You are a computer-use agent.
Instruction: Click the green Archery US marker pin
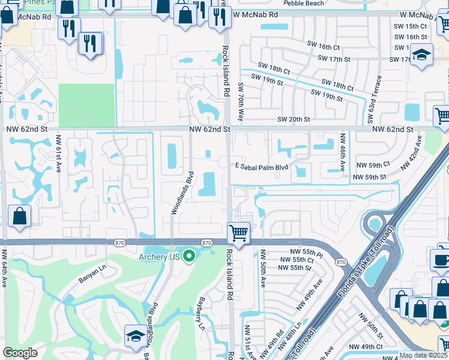coord(190,257)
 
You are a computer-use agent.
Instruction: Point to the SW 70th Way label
coord(241,102)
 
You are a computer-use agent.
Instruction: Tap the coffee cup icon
coord(440,260)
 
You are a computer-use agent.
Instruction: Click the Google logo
coord(20,352)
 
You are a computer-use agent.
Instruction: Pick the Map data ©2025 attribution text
coord(423,355)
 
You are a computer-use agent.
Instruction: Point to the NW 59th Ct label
coord(373,164)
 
